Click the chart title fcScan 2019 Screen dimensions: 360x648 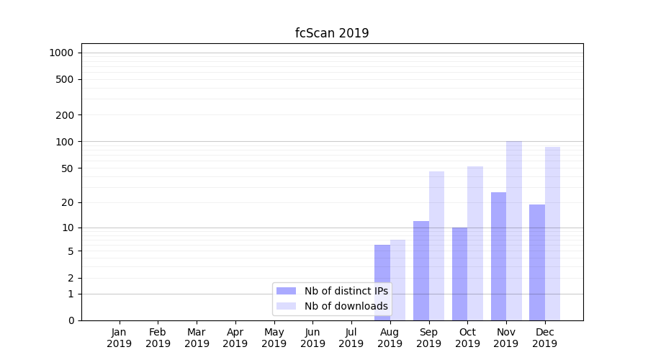pos(332,33)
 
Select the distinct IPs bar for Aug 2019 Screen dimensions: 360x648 pos(382,282)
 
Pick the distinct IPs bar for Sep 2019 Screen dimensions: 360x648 pos(421,271)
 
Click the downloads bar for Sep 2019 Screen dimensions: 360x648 pos(436,246)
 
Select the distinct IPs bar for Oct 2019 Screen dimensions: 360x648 pos(459,274)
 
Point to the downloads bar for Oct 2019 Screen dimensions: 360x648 pos(475,243)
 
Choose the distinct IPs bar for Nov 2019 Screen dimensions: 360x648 pos(498,256)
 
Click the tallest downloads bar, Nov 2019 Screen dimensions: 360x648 pos(514,230)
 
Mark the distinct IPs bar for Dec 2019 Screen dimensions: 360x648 pos(537,262)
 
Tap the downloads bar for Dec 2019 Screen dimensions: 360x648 pos(552,233)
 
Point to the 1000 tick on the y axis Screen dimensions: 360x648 pos(62,53)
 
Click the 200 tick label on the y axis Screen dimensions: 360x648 pos(66,115)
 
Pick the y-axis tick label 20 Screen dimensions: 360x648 pos(68,202)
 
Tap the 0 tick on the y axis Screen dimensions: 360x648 pos(71,320)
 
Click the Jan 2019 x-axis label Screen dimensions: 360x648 pos(120,338)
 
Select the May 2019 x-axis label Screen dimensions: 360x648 pos(274,338)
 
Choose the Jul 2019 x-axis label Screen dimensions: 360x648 pos(351,338)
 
